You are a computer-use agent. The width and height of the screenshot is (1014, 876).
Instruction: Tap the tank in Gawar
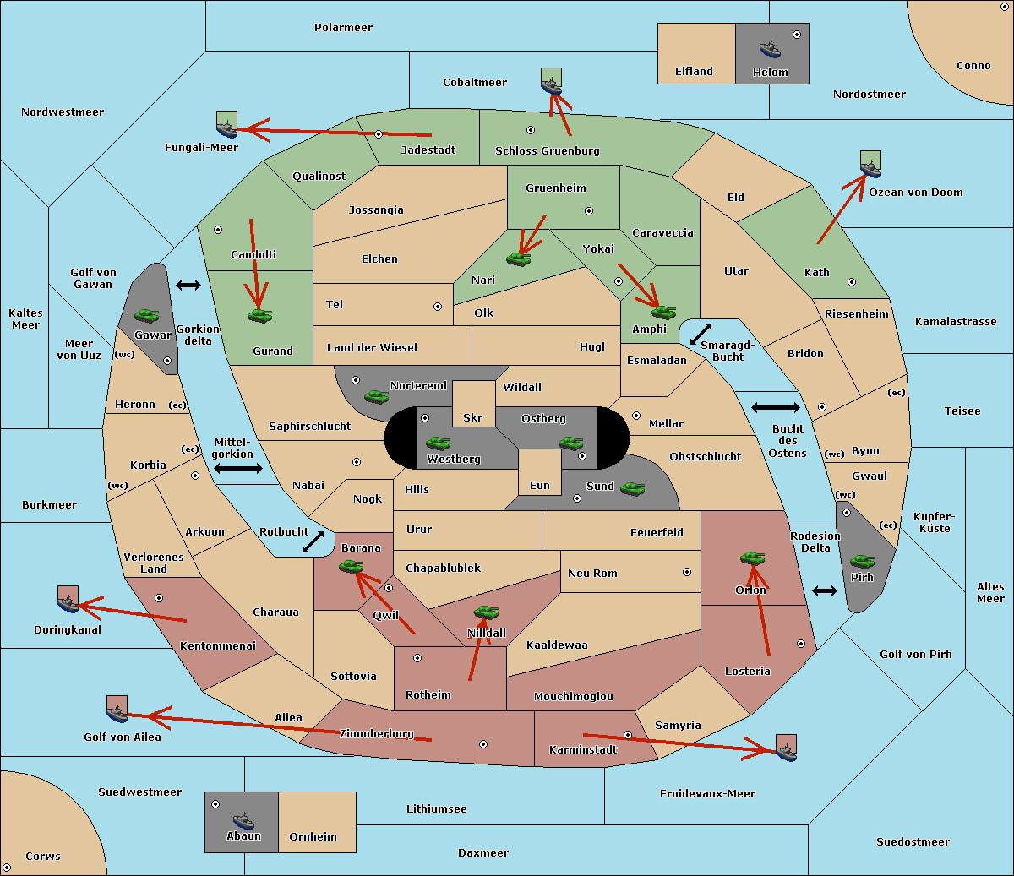coord(147,315)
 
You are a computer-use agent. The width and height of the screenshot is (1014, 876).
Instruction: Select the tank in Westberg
coord(438,443)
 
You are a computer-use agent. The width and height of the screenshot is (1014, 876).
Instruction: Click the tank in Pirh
coord(862,561)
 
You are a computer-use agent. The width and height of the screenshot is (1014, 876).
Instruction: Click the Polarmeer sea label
coord(343,28)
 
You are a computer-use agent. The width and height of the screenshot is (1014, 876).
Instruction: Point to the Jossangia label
coord(376,210)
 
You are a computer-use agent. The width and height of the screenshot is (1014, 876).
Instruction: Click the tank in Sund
coord(632,488)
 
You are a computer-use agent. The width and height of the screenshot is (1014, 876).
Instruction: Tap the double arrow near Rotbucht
coord(313,542)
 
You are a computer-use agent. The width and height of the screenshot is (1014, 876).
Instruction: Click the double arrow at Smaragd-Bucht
coord(701,334)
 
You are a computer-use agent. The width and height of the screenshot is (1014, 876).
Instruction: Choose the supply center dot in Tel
coord(438,307)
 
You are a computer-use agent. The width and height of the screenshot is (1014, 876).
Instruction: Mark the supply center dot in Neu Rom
coord(687,572)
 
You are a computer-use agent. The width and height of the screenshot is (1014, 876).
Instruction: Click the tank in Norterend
coord(376,396)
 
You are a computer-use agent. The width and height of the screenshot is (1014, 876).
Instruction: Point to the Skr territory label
coord(473,417)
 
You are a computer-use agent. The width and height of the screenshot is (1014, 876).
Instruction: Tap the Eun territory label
coord(540,485)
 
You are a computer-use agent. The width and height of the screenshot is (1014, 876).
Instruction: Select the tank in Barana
coord(351,567)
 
